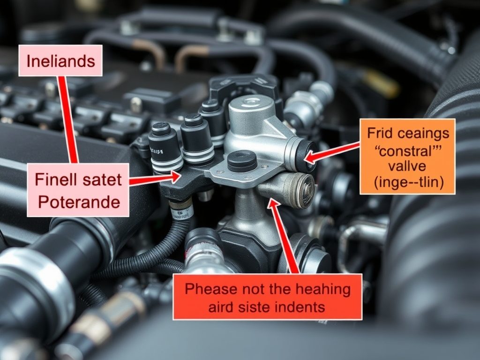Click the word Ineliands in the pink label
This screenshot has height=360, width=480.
click(x=60, y=61)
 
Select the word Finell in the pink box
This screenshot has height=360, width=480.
click(x=56, y=179)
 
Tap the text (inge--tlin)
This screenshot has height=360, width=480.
click(x=408, y=182)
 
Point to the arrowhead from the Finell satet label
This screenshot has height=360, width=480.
click(x=174, y=177)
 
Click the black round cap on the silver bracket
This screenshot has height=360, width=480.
click(x=242, y=161)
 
